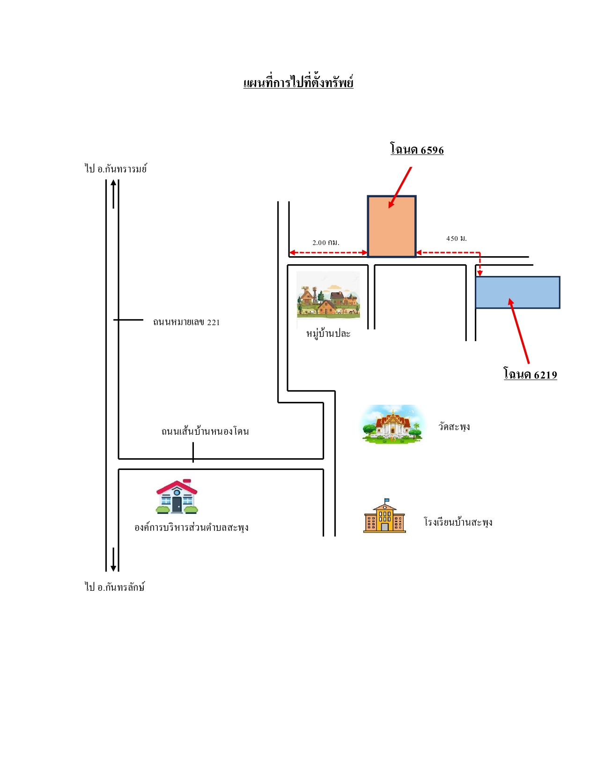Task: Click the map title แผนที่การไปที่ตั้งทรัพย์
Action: [x=298, y=82]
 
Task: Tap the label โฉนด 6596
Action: [x=417, y=149]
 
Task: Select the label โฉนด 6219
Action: [x=530, y=374]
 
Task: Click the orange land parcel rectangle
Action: [x=391, y=226]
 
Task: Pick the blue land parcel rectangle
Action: [x=518, y=292]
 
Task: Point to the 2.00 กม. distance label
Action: [x=326, y=243]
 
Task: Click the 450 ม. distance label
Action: [x=456, y=238]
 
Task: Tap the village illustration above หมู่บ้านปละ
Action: [x=328, y=295]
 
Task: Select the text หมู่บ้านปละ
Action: [x=328, y=334]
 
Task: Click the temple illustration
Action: [x=392, y=425]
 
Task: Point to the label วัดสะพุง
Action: [x=454, y=426]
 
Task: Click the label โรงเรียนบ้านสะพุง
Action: [x=458, y=522]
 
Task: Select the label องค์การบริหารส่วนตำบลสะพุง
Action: [x=192, y=527]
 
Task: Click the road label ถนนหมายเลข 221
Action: [x=186, y=321]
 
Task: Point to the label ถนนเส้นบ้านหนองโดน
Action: [x=205, y=431]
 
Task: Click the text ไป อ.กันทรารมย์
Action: [x=116, y=168]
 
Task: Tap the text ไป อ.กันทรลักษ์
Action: [x=115, y=587]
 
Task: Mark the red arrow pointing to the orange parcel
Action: [x=400, y=187]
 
